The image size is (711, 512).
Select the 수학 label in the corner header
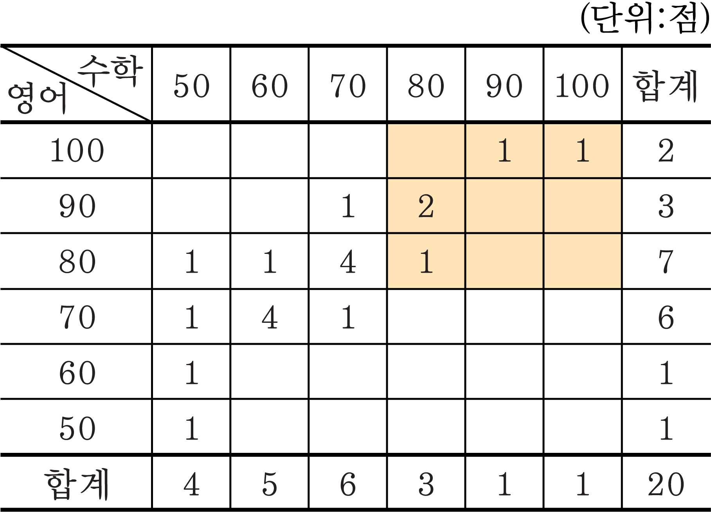point(111,71)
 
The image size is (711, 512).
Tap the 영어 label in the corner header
point(37,98)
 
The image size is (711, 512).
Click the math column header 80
point(426,86)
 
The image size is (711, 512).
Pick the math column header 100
point(582,86)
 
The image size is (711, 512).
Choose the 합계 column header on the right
point(666,86)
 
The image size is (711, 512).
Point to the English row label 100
point(77,150)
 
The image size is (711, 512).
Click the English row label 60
point(77,373)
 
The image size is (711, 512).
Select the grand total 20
point(666,484)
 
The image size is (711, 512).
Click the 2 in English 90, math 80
point(426,206)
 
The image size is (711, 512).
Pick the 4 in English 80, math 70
point(348,262)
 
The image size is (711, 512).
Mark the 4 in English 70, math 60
point(270,317)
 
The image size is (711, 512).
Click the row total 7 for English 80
point(666,262)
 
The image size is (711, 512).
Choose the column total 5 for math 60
point(270,484)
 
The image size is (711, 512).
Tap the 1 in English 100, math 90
point(505,150)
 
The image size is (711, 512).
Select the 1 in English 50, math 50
point(192,428)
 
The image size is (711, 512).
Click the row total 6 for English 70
point(666,317)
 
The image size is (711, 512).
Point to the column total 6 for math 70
point(348,484)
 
